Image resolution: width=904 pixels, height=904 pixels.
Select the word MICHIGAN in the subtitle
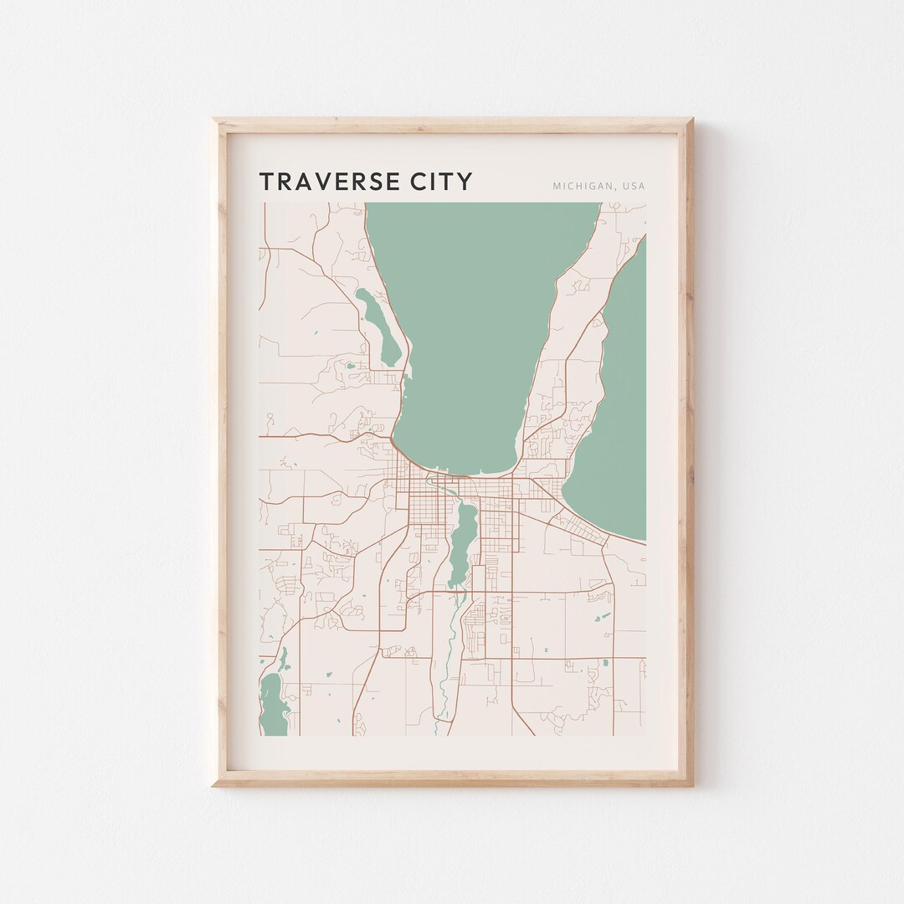point(579,186)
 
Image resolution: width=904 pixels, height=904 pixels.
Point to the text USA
point(634,186)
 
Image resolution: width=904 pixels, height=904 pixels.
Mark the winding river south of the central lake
point(449,661)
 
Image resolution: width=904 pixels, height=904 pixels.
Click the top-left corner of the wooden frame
point(214,120)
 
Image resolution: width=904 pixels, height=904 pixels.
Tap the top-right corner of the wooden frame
point(691,120)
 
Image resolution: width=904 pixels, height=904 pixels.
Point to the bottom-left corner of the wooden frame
point(214,784)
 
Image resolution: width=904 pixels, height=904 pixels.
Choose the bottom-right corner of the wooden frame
point(691,784)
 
